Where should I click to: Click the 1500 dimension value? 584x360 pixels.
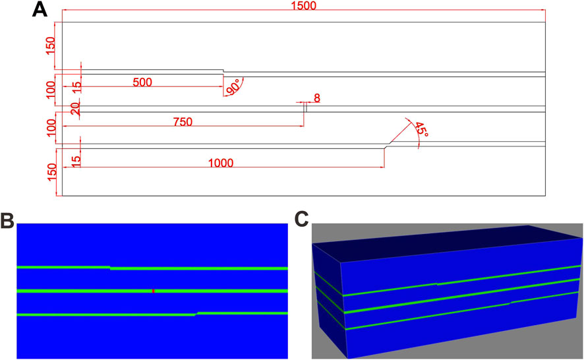coord(303,6)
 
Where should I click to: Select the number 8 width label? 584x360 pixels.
coord(317,98)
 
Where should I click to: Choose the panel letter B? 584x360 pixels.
coord(7,221)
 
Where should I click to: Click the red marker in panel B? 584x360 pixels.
coord(153,290)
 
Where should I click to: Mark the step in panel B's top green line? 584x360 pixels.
coord(110,268)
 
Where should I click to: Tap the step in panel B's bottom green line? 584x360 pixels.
coord(196,314)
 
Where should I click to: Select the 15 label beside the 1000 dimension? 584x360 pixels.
coord(75,158)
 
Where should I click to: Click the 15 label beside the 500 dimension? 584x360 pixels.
coord(75,85)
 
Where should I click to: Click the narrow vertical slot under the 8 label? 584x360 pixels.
coord(305,109)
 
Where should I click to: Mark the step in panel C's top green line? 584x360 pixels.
coord(436,284)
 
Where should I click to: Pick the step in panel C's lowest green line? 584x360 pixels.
coord(509,303)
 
